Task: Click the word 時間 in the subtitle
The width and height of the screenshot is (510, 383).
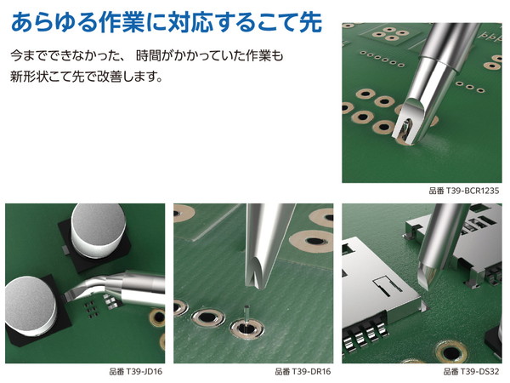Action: coord(146,55)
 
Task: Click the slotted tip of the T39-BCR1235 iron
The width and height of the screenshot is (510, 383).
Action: coord(407,123)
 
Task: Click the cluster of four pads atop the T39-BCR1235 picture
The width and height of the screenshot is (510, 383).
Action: coord(390,34)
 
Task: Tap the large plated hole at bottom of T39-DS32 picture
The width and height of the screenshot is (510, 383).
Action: coord(450,352)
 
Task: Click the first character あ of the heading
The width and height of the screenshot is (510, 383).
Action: coord(22,22)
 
